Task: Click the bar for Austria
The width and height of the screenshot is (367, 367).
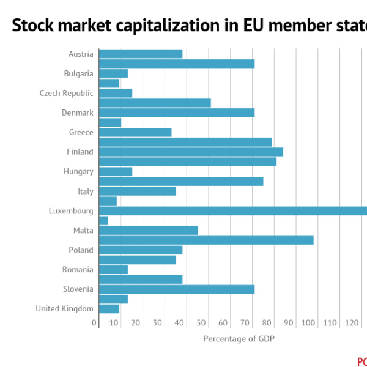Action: (141, 54)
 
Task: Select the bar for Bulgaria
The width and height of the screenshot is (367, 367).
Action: (113, 73)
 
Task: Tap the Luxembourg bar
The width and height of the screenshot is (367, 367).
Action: (232, 210)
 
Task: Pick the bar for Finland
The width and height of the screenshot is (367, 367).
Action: (190, 152)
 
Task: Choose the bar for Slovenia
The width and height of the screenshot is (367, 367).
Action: (176, 289)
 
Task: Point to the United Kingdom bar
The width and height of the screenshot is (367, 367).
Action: (109, 308)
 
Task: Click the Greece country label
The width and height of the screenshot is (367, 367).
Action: (81, 132)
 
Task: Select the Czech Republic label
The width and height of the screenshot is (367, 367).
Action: (67, 93)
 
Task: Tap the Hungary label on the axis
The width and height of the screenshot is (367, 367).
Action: (78, 171)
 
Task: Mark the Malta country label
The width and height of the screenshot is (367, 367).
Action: (83, 230)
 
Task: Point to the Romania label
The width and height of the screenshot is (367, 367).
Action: (78, 269)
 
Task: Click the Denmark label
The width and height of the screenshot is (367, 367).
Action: (78, 113)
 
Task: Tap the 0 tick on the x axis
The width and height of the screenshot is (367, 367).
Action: (94, 323)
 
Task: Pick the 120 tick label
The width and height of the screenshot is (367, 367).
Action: (352, 323)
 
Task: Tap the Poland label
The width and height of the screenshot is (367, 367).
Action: (81, 250)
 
